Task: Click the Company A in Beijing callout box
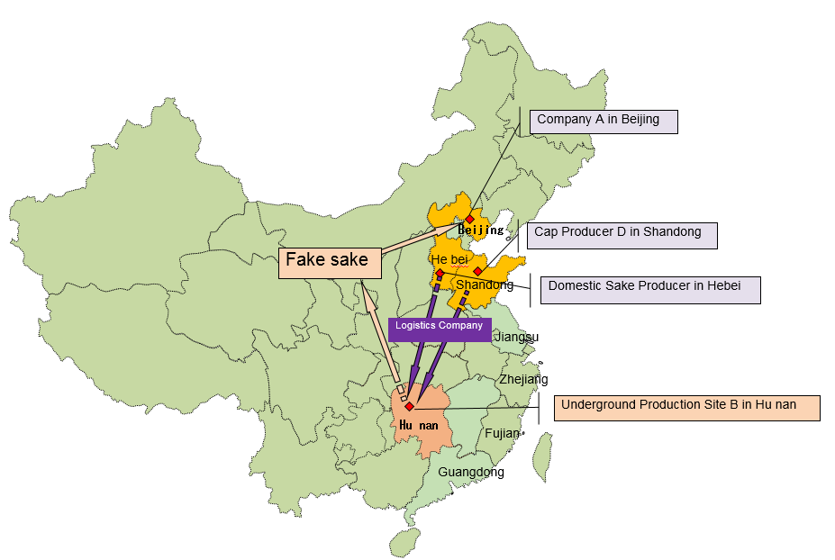point(603,121)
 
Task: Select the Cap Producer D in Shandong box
point(622,234)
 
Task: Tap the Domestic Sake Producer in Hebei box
point(649,289)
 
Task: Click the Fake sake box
point(329,260)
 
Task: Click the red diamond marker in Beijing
point(469,219)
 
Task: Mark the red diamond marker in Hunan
point(409,407)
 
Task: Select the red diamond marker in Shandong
point(477,271)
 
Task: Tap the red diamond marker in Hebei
point(440,273)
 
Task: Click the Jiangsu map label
point(517,338)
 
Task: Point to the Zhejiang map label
point(523,379)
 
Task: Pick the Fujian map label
point(502,433)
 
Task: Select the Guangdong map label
point(471,472)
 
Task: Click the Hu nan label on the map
point(418,425)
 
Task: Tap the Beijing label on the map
point(480,230)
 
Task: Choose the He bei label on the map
point(449,259)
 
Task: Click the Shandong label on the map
point(485,285)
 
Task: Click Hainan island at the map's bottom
point(404,540)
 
